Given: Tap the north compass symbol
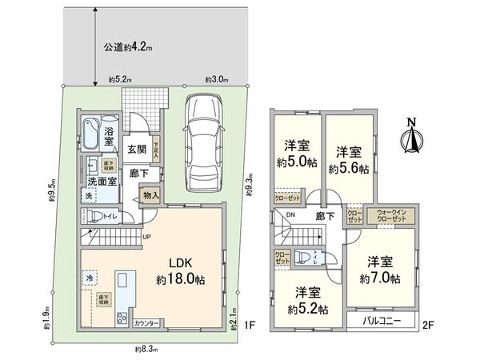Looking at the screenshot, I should (413, 137).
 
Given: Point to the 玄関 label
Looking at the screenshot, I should (136, 150).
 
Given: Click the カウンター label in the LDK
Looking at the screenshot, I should (146, 323).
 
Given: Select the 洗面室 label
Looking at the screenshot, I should (103, 182).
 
